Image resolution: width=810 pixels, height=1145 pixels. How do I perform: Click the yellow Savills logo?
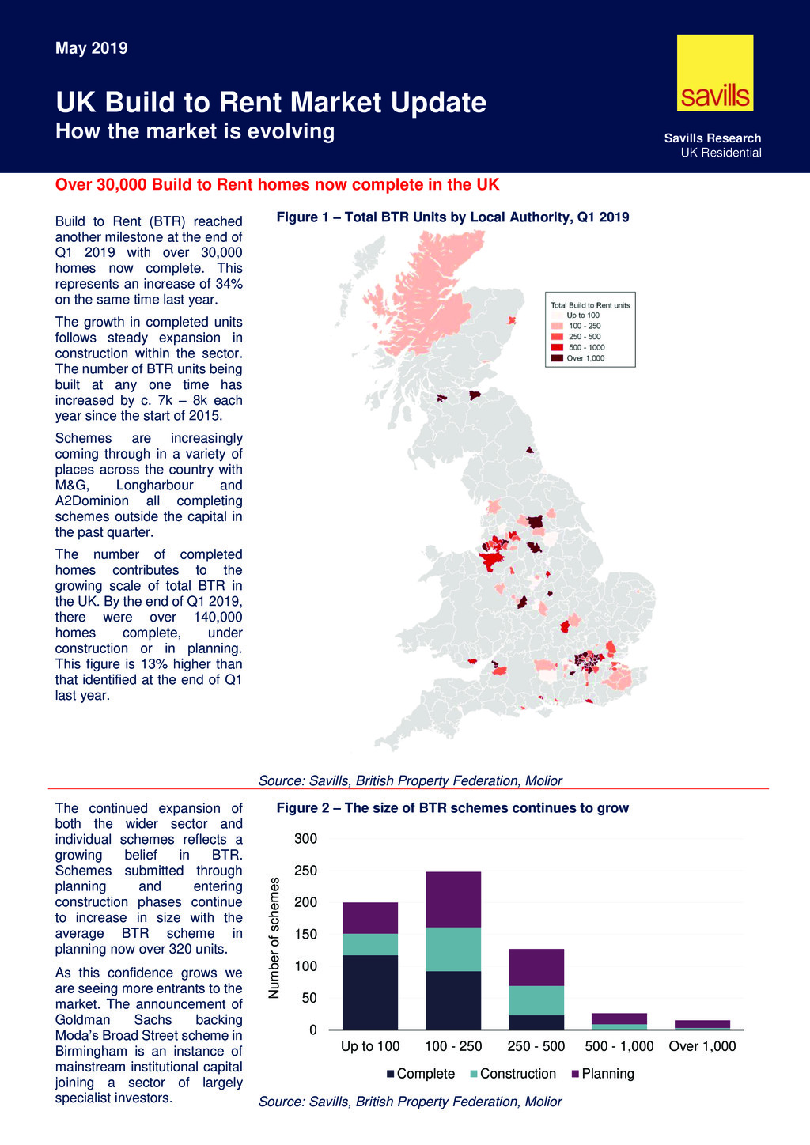[715, 73]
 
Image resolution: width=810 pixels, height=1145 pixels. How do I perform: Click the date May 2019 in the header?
[91, 48]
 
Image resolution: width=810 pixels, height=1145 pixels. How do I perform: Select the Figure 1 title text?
[452, 217]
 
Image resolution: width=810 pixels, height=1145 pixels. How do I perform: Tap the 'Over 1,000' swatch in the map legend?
[557, 358]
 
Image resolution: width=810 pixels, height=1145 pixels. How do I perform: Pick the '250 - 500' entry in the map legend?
[584, 337]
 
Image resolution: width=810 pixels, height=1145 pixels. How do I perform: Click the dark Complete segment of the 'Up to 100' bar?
[370, 992]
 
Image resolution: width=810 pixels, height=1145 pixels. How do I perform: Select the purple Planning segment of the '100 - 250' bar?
[453, 899]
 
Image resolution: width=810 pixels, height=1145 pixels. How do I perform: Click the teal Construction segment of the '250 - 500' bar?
[536, 1000]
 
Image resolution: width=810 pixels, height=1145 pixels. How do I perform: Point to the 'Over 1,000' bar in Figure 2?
[702, 1024]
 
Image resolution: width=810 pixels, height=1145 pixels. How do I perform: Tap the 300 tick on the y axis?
[306, 839]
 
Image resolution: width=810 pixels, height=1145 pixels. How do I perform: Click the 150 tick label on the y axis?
[306, 935]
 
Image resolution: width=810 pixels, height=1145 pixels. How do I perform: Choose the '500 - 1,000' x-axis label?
[619, 1046]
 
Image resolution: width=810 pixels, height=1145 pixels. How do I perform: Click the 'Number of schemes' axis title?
[274, 937]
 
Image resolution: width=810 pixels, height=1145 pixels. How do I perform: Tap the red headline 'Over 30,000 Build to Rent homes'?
[277, 185]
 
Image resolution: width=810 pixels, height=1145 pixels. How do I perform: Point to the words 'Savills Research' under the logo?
[713, 138]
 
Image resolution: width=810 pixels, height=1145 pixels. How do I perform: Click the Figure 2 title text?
[452, 808]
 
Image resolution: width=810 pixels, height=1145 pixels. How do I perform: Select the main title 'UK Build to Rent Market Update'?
[271, 103]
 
